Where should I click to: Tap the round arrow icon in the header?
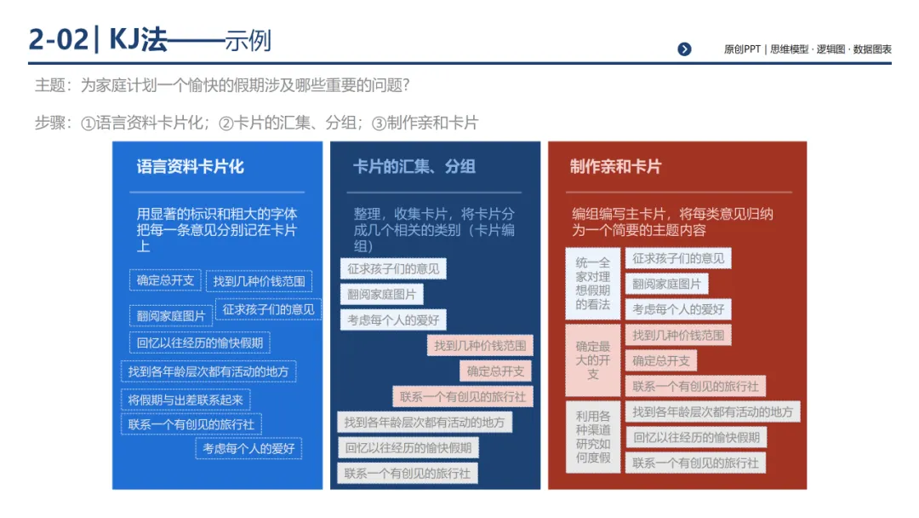(x=684, y=49)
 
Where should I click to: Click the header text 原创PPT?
(x=742, y=49)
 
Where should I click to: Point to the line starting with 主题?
(x=223, y=85)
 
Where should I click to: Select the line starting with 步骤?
(x=256, y=123)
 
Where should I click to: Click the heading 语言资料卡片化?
(x=190, y=167)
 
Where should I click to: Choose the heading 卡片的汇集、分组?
(x=414, y=167)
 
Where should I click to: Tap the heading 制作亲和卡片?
(x=615, y=167)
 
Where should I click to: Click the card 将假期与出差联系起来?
(x=186, y=400)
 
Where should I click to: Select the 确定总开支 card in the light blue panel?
(x=165, y=280)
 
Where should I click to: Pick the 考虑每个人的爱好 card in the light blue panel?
(x=248, y=448)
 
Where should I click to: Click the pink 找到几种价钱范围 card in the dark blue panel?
(x=480, y=346)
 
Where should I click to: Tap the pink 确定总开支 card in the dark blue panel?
(x=496, y=371)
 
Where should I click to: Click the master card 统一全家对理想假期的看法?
(x=593, y=283)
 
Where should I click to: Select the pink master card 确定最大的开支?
(x=593, y=360)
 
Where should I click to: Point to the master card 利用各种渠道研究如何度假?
(x=593, y=437)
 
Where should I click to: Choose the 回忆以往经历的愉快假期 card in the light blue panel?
(x=200, y=343)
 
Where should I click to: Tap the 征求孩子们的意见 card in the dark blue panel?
(x=393, y=269)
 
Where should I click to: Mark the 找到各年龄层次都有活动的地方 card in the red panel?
(x=712, y=412)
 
